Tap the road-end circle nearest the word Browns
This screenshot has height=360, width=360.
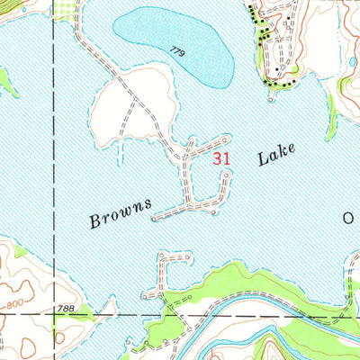pos(155,217)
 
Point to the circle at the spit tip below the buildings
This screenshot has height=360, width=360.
pos(269,87)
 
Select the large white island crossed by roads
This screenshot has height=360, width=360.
pos(126,108)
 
